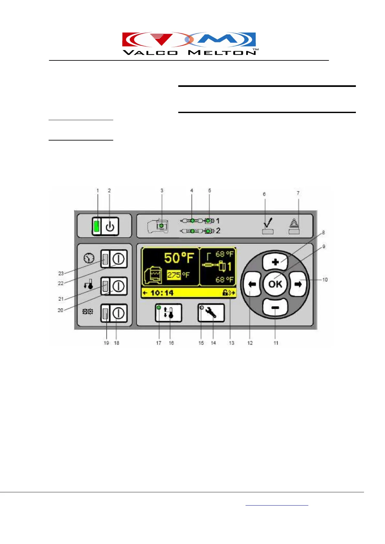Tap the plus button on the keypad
point(275,262)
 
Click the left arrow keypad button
point(252,284)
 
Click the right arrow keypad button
point(298,284)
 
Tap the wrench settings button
point(211,313)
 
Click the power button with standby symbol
point(110,226)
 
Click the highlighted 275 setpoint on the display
point(174,275)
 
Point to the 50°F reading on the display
point(179,258)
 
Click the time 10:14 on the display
point(162,293)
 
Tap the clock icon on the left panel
point(89,258)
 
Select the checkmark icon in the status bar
point(268,223)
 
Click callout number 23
point(61,273)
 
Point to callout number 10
point(325,280)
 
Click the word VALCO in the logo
point(150,52)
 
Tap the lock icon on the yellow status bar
point(225,293)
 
